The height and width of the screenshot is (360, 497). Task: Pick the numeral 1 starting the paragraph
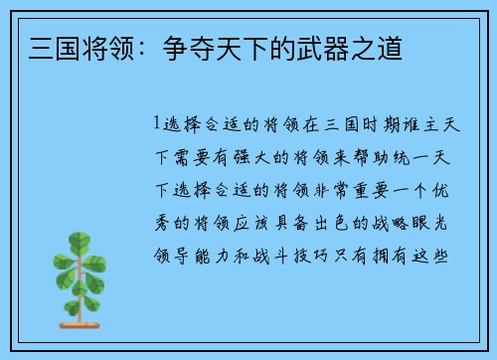156,124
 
